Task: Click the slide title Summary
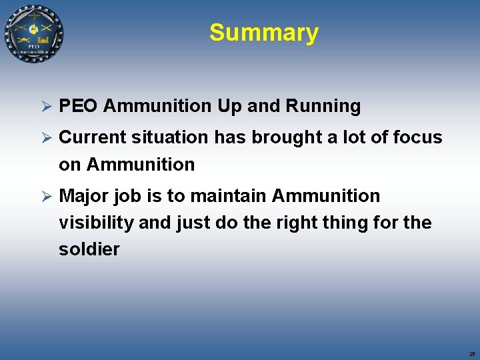pos(263,32)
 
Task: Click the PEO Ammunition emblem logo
pos(34,33)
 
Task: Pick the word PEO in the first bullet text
pos(79,106)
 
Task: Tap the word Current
pos(93,137)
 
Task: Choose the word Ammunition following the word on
pos(141,164)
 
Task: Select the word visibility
pos(96,223)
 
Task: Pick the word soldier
pos(89,249)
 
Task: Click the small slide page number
pos(471,354)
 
